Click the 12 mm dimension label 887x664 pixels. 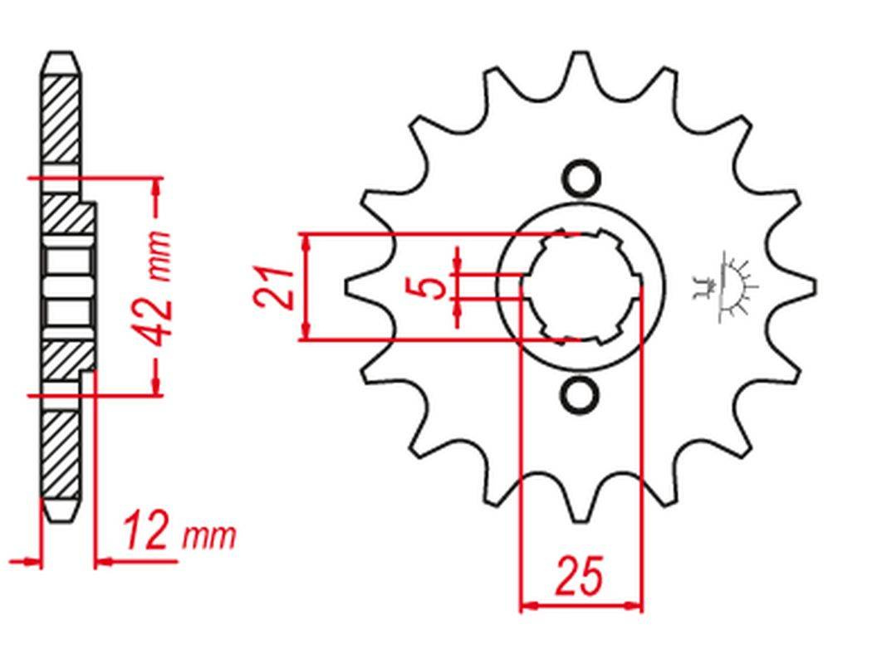(x=179, y=531)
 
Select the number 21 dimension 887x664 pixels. (x=273, y=286)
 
